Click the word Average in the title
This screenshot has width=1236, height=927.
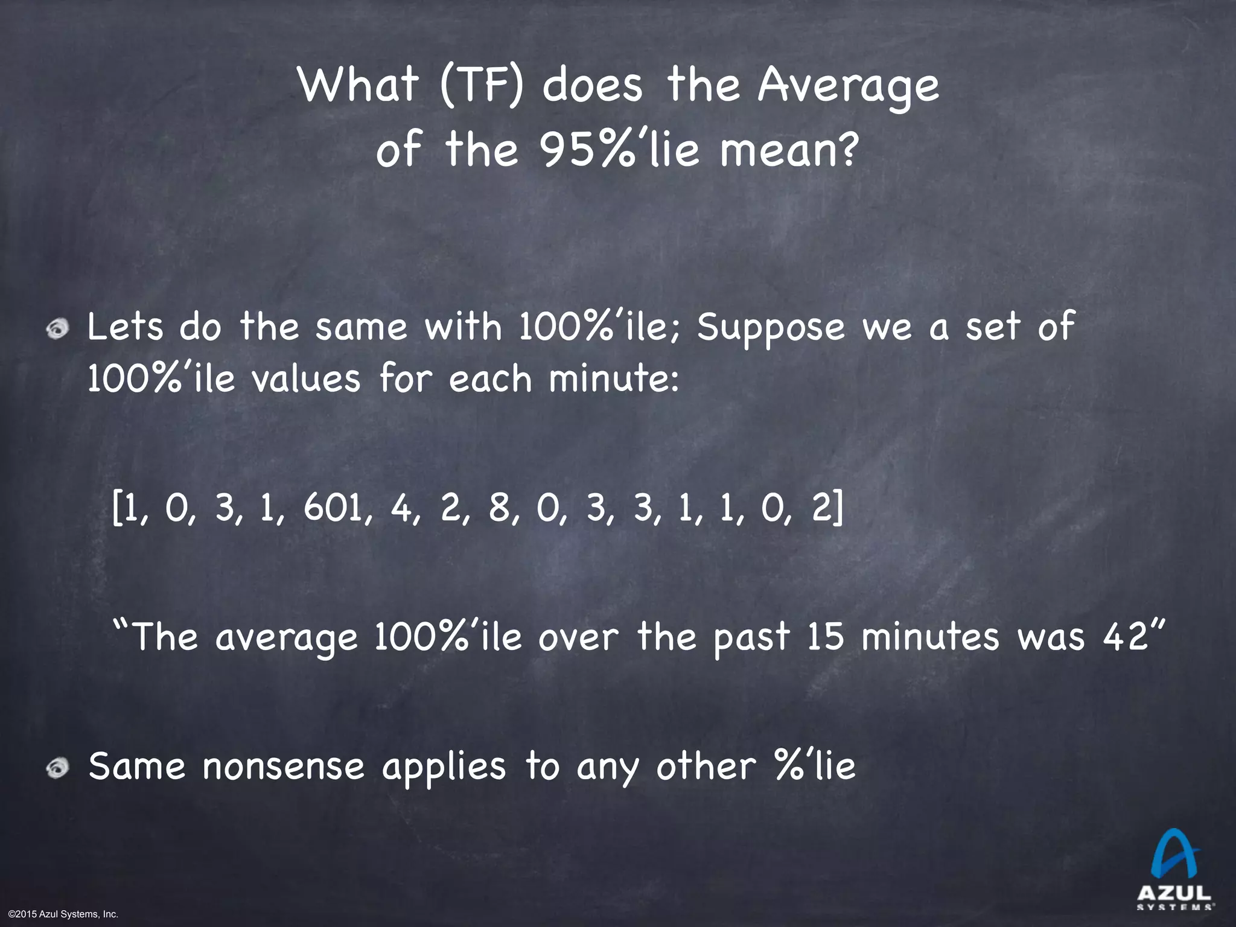pyautogui.click(x=848, y=86)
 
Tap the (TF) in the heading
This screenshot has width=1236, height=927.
pyautogui.click(x=481, y=86)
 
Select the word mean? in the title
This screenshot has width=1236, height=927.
pyautogui.click(x=787, y=151)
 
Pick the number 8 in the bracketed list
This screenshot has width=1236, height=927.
pyautogui.click(x=499, y=508)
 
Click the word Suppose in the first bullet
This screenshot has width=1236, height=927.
pyautogui.click(x=771, y=327)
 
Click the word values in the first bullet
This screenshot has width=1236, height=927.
pyautogui.click(x=306, y=380)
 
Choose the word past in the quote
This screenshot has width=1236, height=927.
pyautogui.click(x=751, y=637)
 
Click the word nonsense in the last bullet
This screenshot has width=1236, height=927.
pyautogui.click(x=284, y=766)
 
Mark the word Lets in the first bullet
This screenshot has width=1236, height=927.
pyautogui.click(x=125, y=327)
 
